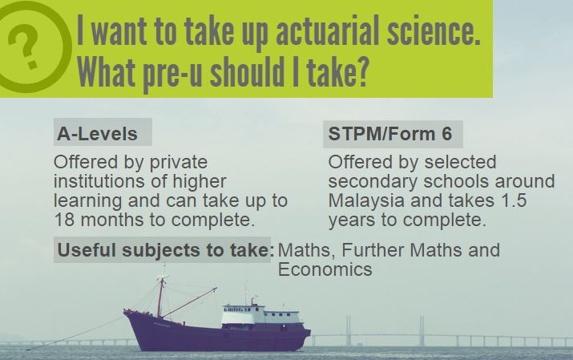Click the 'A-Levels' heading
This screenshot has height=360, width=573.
point(98,134)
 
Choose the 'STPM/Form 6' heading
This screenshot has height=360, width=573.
point(390,133)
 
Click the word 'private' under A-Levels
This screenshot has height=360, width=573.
point(179,163)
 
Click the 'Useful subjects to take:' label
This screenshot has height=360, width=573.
point(166,251)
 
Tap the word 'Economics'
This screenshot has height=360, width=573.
point(325,269)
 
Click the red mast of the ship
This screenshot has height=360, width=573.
point(160,296)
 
